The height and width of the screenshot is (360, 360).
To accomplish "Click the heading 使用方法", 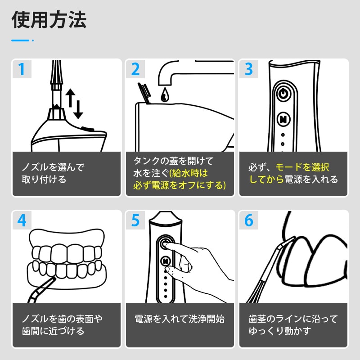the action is coord(49,20).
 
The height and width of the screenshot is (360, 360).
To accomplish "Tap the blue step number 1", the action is coord(22,69).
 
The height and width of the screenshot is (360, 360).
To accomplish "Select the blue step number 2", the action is coord(135,69).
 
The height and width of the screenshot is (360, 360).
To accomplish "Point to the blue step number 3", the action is coord(249,69).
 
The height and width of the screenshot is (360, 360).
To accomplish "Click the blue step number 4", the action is coord(22,220).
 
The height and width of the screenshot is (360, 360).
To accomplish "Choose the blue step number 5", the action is coord(135,220).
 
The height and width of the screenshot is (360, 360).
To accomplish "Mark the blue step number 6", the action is coord(249,220).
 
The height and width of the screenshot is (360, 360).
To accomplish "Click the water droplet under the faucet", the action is coord(165,94).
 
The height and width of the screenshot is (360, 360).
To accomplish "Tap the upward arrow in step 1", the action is coord(71,98).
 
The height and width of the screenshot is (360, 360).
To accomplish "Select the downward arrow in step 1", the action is coord(78,109).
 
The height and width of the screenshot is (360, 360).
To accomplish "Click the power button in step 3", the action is coord(283,94).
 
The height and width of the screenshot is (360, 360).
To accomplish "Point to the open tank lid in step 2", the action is coord(144,93).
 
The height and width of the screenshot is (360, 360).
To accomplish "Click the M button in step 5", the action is coord(166,261).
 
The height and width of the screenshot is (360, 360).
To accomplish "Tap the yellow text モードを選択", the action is coord(302,167).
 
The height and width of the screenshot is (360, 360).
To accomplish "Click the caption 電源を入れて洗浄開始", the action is coord(180,319).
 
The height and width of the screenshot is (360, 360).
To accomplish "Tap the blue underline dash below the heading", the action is coord(20,40).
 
